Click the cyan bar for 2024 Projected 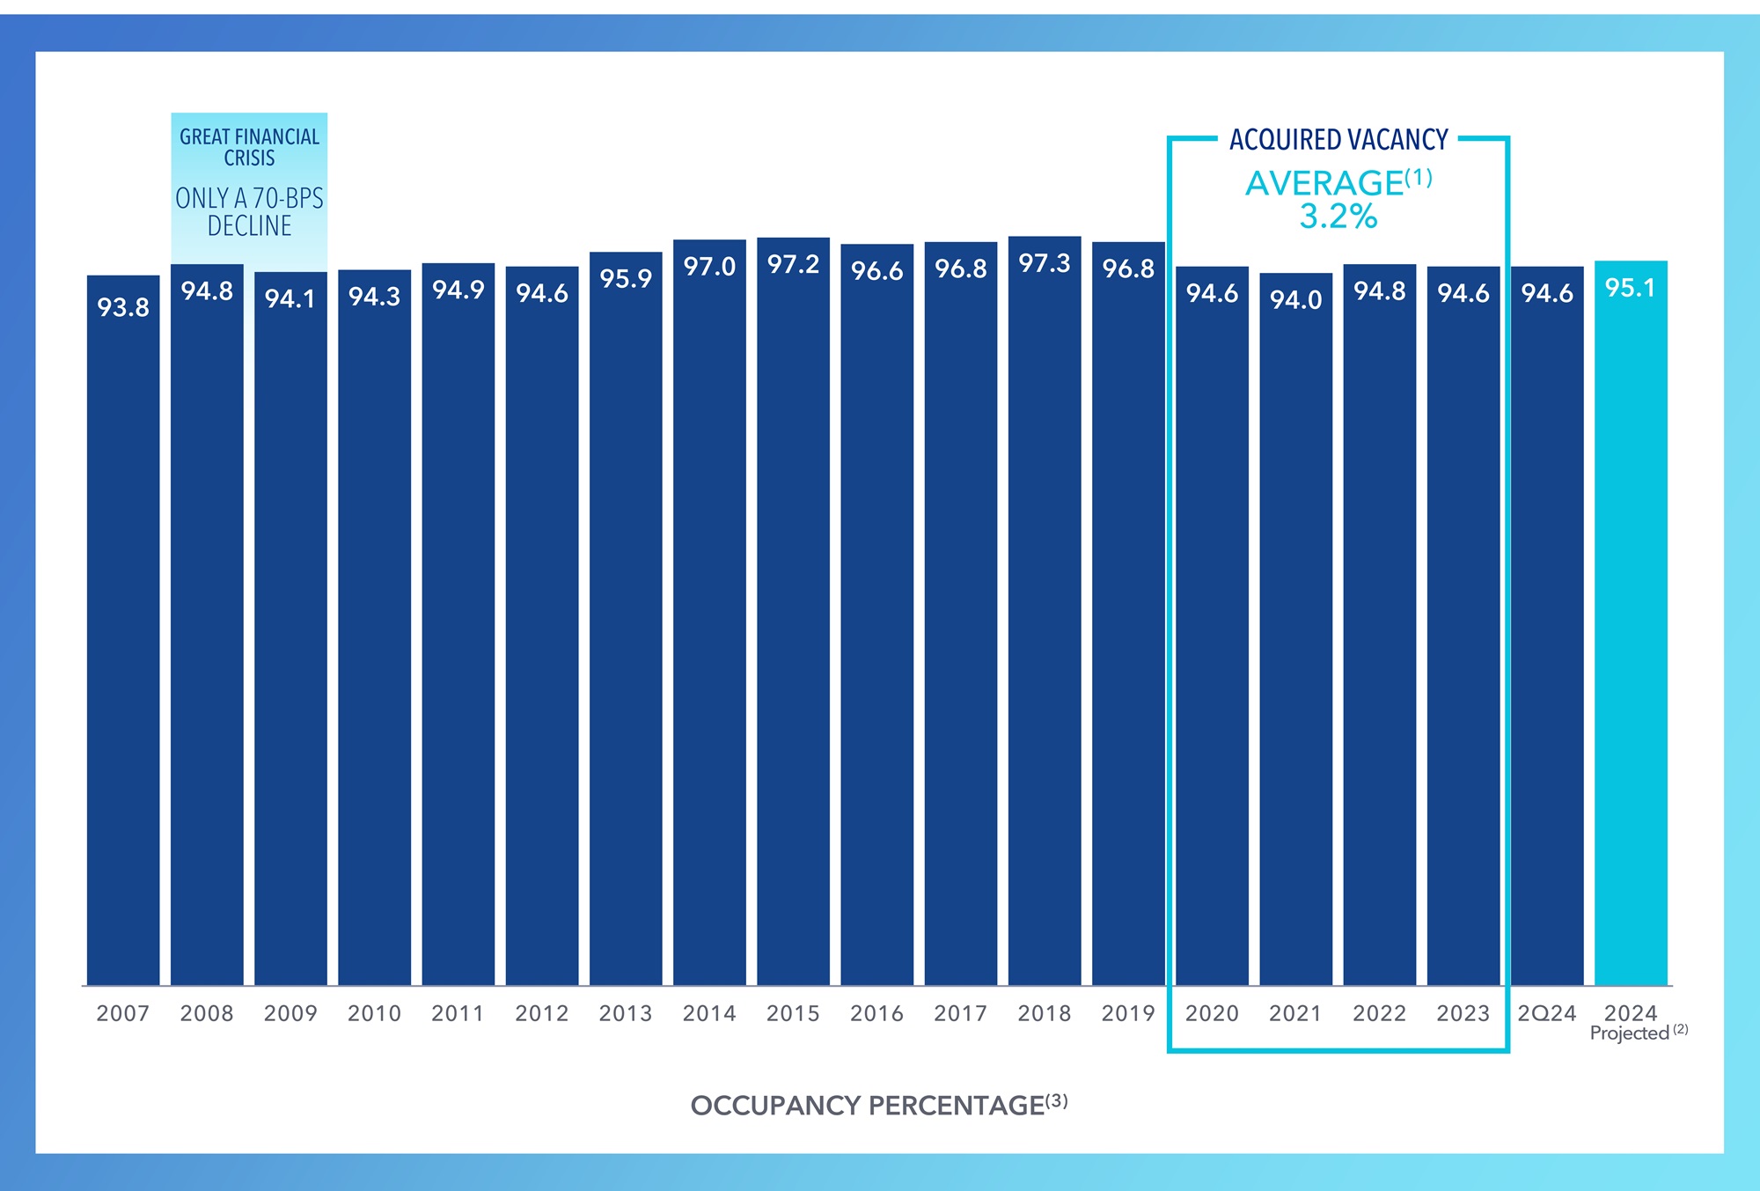tap(1631, 634)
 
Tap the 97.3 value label tap(1045, 263)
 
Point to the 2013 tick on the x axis tap(626, 1013)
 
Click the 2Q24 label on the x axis tap(1547, 1013)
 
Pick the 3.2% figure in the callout tap(1338, 217)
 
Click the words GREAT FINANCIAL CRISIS tap(250, 147)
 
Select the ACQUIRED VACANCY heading tap(1338, 140)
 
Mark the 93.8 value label tap(123, 307)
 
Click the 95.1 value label tap(1631, 288)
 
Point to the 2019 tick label tap(1128, 1013)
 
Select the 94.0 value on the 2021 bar tap(1295, 300)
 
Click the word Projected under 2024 tap(1629, 1033)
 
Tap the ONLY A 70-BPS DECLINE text tap(250, 212)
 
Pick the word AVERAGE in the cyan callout tap(1324, 183)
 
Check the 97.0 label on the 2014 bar tap(709, 267)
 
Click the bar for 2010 tap(374, 634)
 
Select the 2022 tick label tap(1379, 1013)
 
